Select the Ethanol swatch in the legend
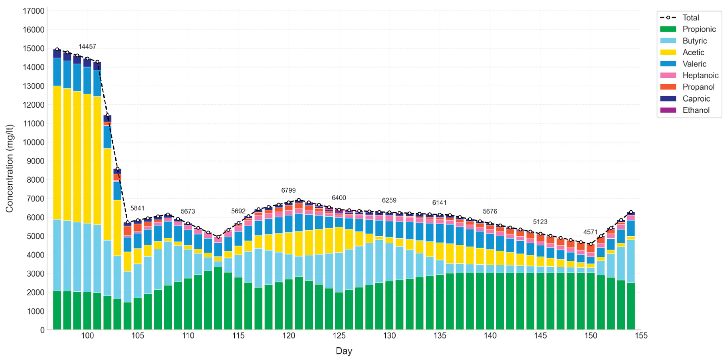coord(668,110)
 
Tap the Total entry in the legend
coord(690,18)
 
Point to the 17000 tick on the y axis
coord(34,11)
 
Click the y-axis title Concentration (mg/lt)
coord(9,168)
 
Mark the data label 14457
coord(87,46)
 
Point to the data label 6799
coord(288,190)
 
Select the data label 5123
coord(540,222)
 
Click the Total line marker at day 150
coord(590,244)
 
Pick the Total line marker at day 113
coord(218,237)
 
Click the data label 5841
coord(137,208)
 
